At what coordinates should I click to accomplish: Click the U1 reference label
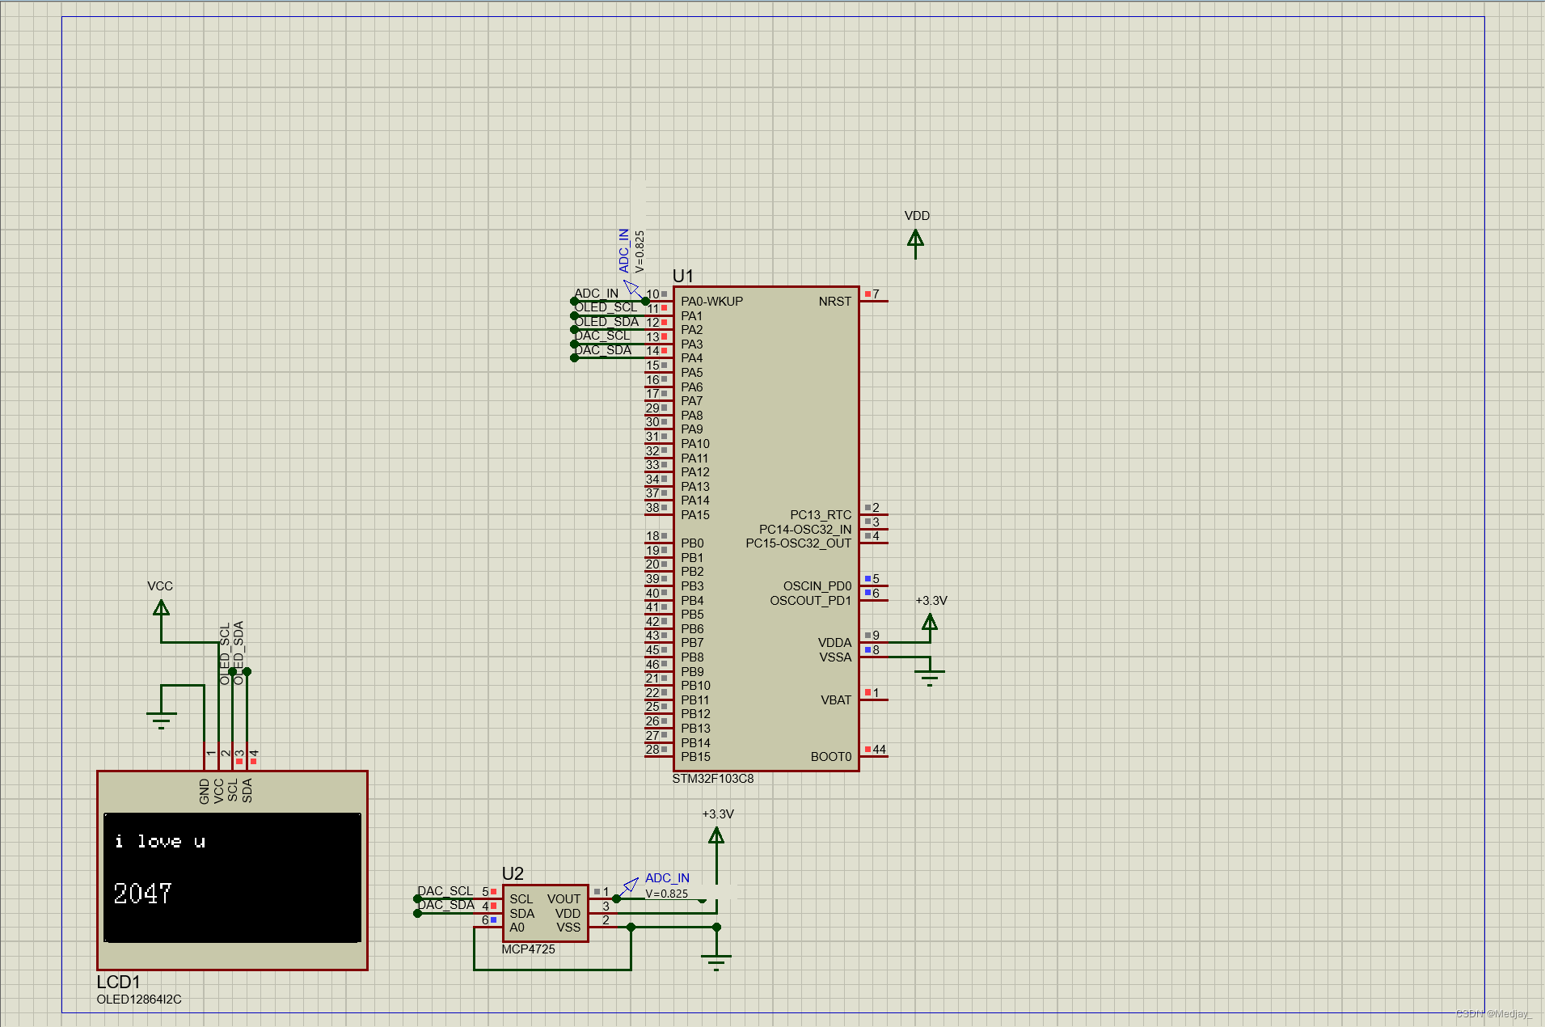pyautogui.click(x=682, y=276)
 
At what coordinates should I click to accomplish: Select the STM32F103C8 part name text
pyautogui.click(x=712, y=779)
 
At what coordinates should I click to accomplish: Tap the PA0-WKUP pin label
pyautogui.click(x=711, y=302)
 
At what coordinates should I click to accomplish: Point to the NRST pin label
pyautogui.click(x=834, y=302)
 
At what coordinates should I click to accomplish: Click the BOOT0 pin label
pyautogui.click(x=830, y=757)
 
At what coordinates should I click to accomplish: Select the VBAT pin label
pyautogui.click(x=835, y=700)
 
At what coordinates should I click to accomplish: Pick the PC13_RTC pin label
pyautogui.click(x=820, y=515)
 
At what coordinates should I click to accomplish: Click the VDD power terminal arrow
pyautogui.click(x=915, y=240)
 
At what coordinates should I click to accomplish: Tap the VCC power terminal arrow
pyautogui.click(x=161, y=609)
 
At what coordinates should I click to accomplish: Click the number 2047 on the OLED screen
pyautogui.click(x=142, y=894)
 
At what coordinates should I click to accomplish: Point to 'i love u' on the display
pyautogui.click(x=159, y=842)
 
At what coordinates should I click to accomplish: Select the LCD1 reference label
pyautogui.click(x=118, y=982)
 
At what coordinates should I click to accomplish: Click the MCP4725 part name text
pyautogui.click(x=528, y=949)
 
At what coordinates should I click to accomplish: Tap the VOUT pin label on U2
pyautogui.click(x=564, y=899)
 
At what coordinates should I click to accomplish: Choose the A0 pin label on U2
pyautogui.click(x=517, y=928)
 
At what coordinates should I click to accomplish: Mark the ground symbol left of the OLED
pyautogui.click(x=161, y=718)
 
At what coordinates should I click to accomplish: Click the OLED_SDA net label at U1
pyautogui.click(x=606, y=322)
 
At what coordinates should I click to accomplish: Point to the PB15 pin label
pyautogui.click(x=695, y=757)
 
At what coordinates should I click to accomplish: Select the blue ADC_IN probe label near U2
pyautogui.click(x=667, y=878)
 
